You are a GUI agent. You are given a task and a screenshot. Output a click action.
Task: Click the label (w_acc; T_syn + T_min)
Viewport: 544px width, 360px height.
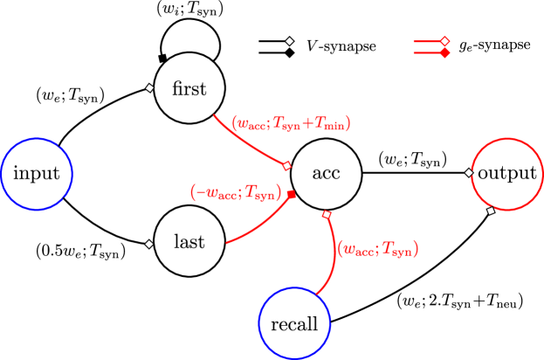(x=291, y=124)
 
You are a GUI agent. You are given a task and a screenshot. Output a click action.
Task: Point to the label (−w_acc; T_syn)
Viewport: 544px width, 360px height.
(x=235, y=192)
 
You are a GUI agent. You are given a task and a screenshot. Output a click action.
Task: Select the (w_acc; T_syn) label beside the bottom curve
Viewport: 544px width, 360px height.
(x=378, y=249)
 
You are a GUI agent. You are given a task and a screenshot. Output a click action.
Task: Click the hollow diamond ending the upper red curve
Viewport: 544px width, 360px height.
(x=286, y=165)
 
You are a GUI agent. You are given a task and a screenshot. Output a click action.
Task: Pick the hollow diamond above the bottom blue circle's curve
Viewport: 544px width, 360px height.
(x=327, y=214)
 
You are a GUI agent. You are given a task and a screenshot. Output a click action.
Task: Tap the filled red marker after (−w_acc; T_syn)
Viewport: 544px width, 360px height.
(x=292, y=194)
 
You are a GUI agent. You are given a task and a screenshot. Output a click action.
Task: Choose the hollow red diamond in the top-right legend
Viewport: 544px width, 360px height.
(x=444, y=41)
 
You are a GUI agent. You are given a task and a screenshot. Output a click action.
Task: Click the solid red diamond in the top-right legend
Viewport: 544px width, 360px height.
(x=444, y=53)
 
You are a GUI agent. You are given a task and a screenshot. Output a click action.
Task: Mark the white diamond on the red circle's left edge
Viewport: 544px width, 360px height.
(x=469, y=172)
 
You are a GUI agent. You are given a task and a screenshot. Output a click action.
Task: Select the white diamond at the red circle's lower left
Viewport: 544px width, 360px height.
(x=491, y=211)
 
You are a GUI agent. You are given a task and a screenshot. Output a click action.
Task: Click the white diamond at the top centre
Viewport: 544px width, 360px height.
(x=289, y=41)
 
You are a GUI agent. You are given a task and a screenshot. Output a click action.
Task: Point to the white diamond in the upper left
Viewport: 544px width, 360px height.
(x=149, y=87)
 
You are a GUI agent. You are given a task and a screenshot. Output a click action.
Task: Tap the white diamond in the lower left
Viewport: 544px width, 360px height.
(x=149, y=244)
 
